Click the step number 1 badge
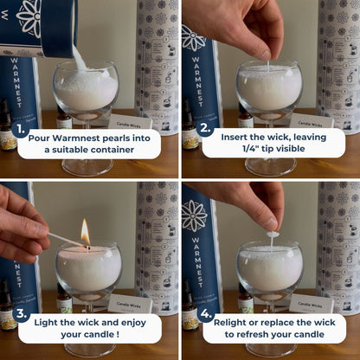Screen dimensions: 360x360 [20, 129]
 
